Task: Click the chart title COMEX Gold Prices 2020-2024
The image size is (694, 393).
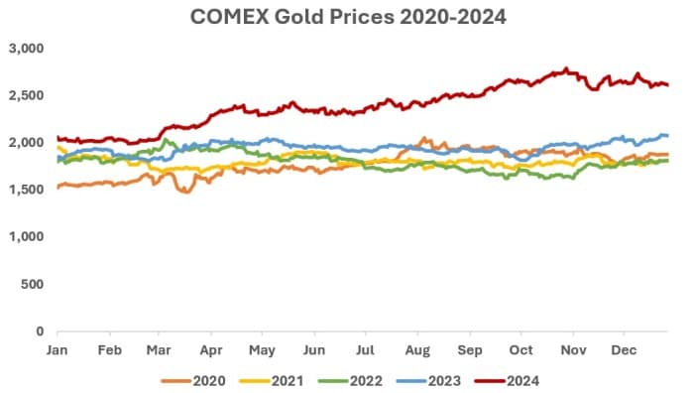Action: tap(346, 17)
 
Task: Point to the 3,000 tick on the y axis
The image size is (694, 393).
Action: tap(28, 49)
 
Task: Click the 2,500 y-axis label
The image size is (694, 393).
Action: tap(28, 95)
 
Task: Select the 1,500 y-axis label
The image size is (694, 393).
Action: tap(28, 190)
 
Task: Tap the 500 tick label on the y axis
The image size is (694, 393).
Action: tap(34, 284)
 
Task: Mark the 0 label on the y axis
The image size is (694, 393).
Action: tap(41, 330)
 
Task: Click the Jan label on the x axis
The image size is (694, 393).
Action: tap(58, 350)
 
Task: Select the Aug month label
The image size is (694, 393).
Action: tap(417, 350)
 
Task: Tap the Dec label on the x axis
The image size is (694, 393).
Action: tap(624, 350)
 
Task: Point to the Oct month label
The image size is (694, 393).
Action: tap(520, 350)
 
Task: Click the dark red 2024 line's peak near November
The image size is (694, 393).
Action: tap(566, 69)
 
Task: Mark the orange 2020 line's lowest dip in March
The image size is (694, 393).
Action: tap(185, 192)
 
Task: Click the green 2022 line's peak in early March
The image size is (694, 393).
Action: tap(169, 141)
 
